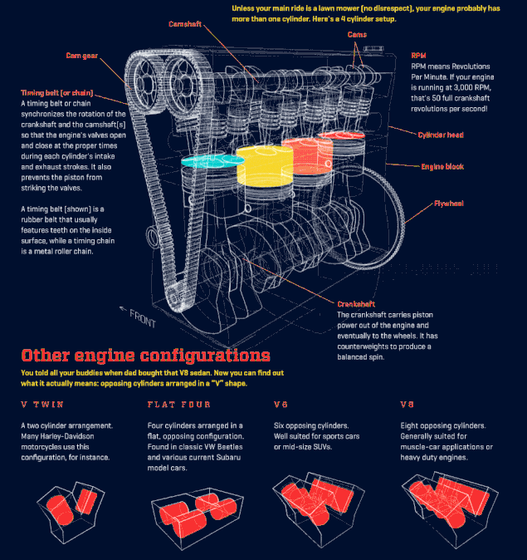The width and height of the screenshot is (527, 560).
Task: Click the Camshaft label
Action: click(186, 24)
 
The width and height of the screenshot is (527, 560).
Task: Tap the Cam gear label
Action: click(82, 56)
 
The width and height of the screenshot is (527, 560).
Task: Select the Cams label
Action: click(357, 35)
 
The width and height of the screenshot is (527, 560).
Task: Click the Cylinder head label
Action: click(440, 135)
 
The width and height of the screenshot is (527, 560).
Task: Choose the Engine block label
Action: click(442, 167)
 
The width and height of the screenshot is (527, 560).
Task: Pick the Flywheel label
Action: click(449, 203)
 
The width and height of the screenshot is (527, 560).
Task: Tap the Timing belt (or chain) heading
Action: click(57, 92)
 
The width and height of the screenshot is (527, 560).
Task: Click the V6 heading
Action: click(282, 405)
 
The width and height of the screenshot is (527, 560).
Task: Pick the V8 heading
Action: click(407, 405)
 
